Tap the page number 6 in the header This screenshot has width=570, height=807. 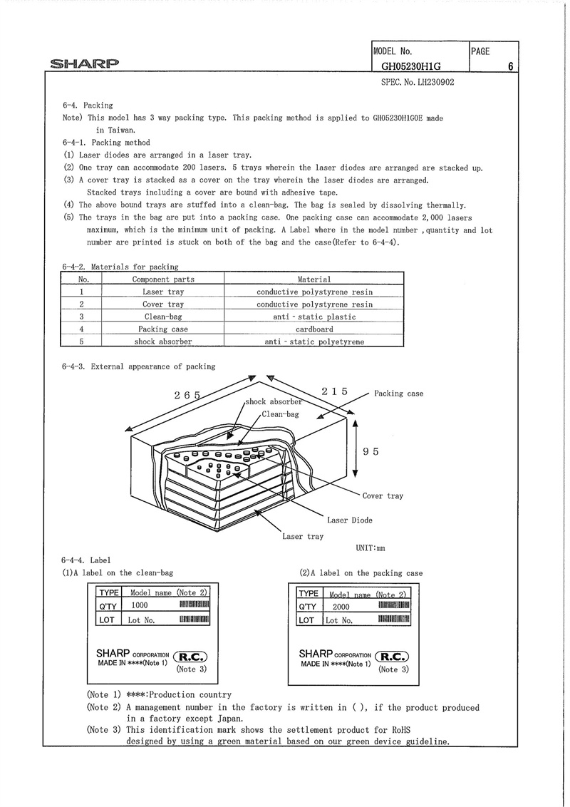[x=511, y=66]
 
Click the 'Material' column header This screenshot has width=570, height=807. [x=313, y=279]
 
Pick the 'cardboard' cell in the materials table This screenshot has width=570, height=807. [x=313, y=329]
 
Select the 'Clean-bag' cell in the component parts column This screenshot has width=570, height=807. [x=163, y=317]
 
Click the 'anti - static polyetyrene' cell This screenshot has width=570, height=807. [x=313, y=342]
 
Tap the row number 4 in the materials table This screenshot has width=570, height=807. [x=83, y=329]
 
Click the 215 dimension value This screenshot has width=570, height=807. [x=334, y=391]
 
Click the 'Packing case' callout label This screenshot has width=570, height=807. [x=398, y=394]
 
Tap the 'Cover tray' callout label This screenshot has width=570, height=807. [x=383, y=496]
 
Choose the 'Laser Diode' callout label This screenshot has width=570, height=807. [x=350, y=520]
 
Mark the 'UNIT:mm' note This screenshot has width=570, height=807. [x=370, y=548]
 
